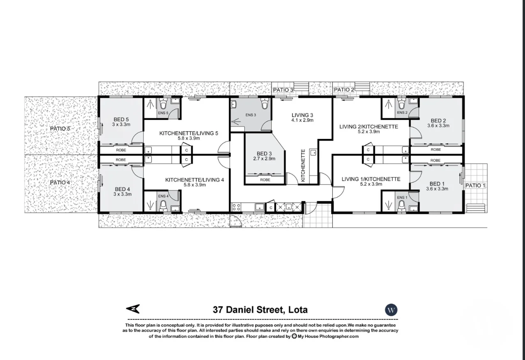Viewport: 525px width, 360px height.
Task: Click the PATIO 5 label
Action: tap(60, 129)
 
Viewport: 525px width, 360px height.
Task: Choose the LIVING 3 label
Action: tap(303, 115)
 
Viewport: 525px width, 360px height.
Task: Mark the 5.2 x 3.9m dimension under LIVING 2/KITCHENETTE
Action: tap(368, 132)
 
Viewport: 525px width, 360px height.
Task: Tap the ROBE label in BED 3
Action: tap(265, 180)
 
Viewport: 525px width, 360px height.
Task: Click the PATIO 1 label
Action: tap(475, 186)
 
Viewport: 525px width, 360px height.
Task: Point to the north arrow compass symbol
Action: tap(133, 309)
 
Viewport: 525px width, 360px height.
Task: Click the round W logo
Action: tap(391, 309)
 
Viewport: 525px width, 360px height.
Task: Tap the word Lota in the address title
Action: tap(296, 309)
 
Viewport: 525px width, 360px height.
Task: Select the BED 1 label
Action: tap(437, 184)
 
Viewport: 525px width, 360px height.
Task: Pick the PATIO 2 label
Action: tap(344, 90)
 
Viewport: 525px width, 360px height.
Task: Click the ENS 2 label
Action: tap(402, 113)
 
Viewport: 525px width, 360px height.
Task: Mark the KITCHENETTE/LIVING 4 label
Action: tap(195, 180)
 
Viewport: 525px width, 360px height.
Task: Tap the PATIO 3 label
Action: tap(283, 90)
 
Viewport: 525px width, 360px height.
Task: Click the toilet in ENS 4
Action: tap(163, 204)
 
